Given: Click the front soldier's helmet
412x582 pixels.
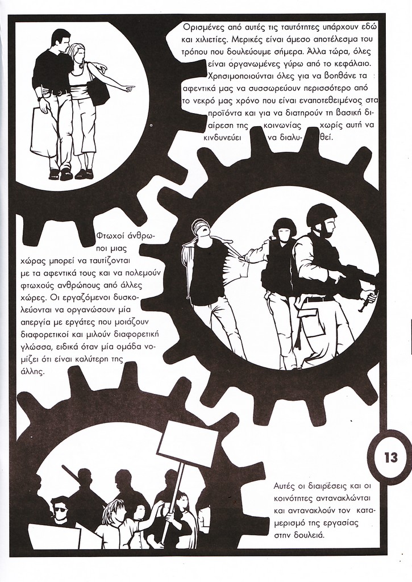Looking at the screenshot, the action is (317, 214).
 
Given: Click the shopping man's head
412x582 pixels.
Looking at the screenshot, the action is (59, 40).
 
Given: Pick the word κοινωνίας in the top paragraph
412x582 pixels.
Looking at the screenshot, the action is (282, 124).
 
